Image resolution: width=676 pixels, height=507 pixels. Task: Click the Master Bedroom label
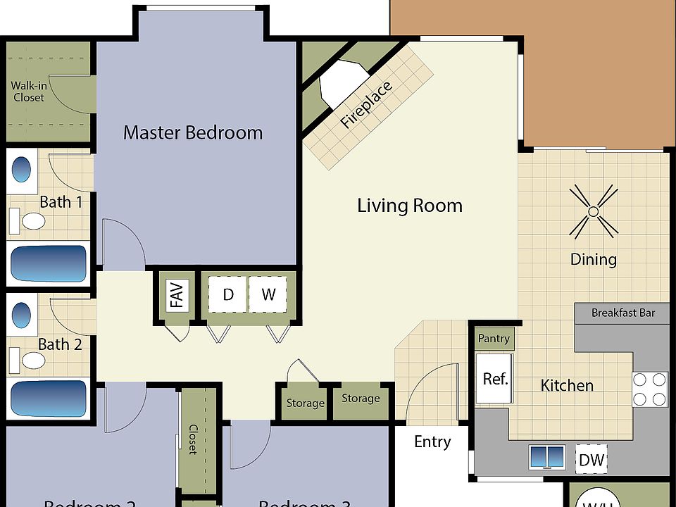(x=192, y=132)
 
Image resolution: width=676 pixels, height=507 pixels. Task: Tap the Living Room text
(x=409, y=206)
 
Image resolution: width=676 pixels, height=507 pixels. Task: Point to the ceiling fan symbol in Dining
(x=593, y=211)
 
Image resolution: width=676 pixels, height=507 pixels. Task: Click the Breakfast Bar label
(x=622, y=313)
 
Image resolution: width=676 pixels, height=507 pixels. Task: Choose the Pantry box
(x=493, y=338)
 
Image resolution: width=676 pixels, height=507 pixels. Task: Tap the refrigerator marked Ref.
(x=495, y=379)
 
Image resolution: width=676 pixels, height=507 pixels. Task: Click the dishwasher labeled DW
(x=591, y=460)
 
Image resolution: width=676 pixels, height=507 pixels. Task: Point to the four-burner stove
(x=649, y=389)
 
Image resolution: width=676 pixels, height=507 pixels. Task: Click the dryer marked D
(x=227, y=294)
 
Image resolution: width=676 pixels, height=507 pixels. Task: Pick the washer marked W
(x=268, y=294)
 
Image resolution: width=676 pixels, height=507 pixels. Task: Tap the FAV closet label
(x=177, y=295)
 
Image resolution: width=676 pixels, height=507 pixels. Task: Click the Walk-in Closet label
(x=28, y=92)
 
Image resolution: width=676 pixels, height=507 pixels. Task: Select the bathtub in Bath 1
(x=48, y=263)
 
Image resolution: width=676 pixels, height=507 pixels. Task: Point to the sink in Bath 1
(x=23, y=171)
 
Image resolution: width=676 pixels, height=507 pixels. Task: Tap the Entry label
(x=432, y=442)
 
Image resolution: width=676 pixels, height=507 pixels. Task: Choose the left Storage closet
(x=305, y=403)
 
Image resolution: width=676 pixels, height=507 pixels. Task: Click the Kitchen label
(x=566, y=385)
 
